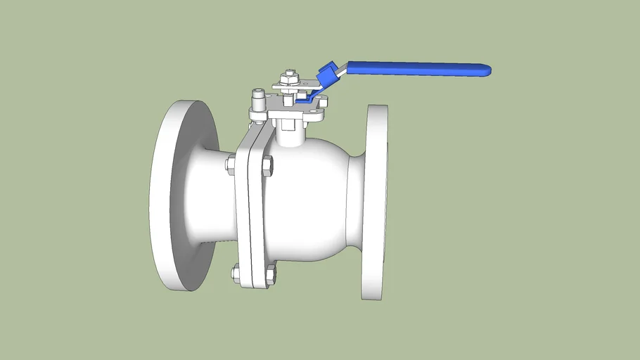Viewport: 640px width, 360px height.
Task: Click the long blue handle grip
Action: point(415,68)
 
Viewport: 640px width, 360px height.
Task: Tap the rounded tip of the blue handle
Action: point(487,70)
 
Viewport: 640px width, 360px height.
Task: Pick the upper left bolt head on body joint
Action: point(230,165)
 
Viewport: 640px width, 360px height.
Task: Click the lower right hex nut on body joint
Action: point(270,274)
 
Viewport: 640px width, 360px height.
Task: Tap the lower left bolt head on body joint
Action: point(235,272)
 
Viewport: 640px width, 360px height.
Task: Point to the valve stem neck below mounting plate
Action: point(289,134)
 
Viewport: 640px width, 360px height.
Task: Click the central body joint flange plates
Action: point(251,211)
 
